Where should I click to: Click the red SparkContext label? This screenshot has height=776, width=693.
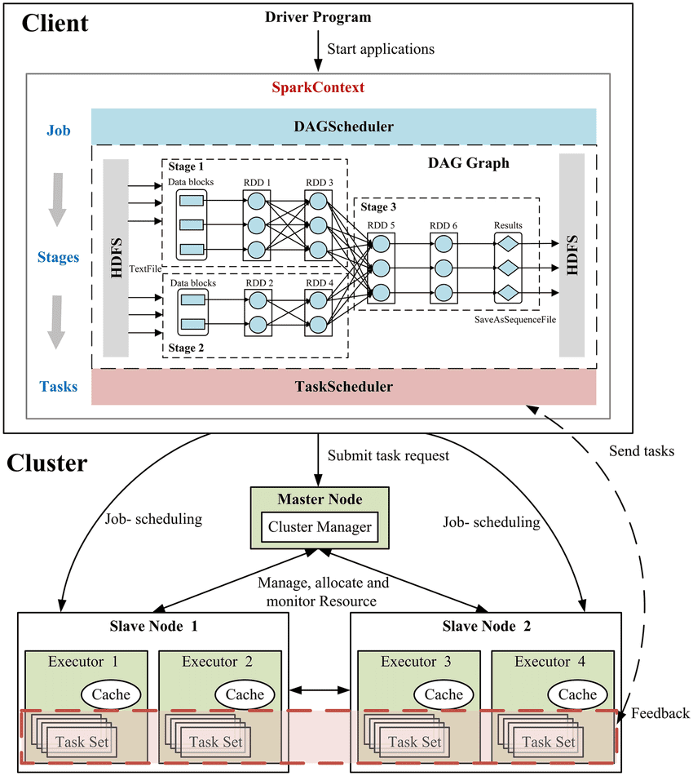pyautogui.click(x=318, y=87)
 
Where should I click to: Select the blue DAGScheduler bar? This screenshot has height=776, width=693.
pyautogui.click(x=344, y=126)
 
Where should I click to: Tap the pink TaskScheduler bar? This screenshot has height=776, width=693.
pyautogui.click(x=344, y=387)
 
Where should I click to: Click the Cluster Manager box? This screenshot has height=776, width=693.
pyautogui.click(x=320, y=527)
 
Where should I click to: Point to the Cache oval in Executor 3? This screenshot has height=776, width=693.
pyautogui.click(x=444, y=694)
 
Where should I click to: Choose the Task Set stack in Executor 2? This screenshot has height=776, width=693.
pyautogui.click(x=208, y=735)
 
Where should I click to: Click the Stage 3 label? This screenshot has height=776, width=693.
pyautogui.click(x=378, y=207)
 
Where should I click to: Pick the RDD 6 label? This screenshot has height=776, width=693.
pyautogui.click(x=444, y=226)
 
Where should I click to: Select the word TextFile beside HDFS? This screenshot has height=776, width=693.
pyautogui.click(x=145, y=268)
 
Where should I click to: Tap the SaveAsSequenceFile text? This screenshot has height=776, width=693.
pyautogui.click(x=515, y=320)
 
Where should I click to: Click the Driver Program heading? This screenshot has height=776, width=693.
pyautogui.click(x=318, y=17)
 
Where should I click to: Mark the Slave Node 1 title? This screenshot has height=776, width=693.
pyautogui.click(x=154, y=627)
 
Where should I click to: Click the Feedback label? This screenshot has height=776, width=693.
pyautogui.click(x=660, y=713)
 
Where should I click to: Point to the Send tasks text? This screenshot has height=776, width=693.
pyautogui.click(x=642, y=451)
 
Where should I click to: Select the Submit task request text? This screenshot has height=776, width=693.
pyautogui.click(x=388, y=456)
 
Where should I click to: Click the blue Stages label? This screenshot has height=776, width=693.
pyautogui.click(x=59, y=257)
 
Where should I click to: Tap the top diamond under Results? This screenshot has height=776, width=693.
pyautogui.click(x=508, y=243)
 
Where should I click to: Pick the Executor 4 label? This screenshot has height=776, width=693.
pyautogui.click(x=550, y=662)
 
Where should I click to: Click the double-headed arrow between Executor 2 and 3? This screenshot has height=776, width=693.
pyautogui.click(x=320, y=690)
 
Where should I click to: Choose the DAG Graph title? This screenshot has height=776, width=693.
pyautogui.click(x=469, y=163)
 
